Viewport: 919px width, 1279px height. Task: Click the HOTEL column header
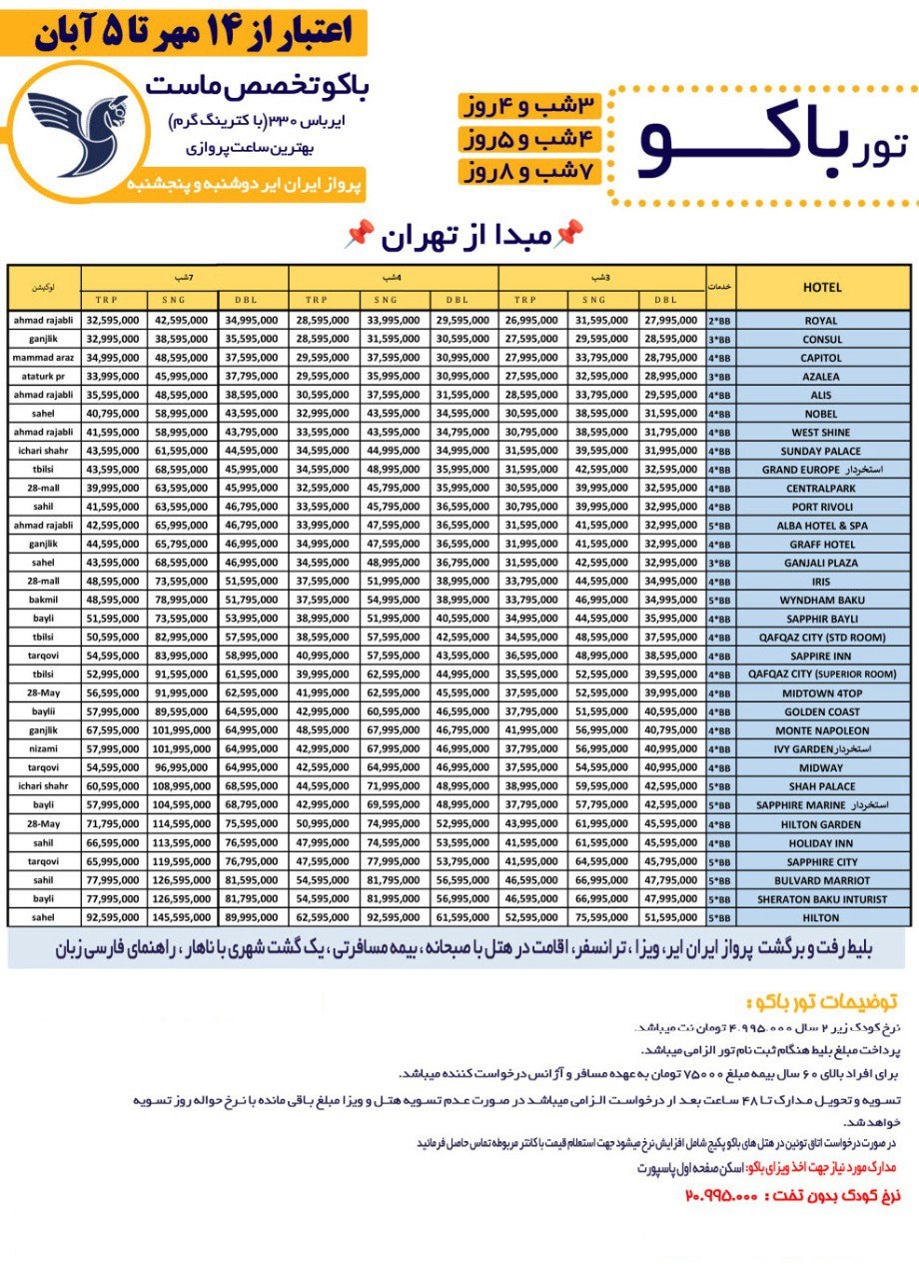[x=821, y=287]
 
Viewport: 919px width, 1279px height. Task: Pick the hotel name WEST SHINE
[x=821, y=433]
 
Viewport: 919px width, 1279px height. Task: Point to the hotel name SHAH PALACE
[x=821, y=786]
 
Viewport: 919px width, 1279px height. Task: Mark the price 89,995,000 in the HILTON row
[x=252, y=917]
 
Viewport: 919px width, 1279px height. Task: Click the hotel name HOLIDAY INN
[x=821, y=842]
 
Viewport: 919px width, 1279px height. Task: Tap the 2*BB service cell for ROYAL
[x=719, y=321]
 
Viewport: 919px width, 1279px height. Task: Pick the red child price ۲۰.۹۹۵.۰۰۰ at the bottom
[x=723, y=1196]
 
